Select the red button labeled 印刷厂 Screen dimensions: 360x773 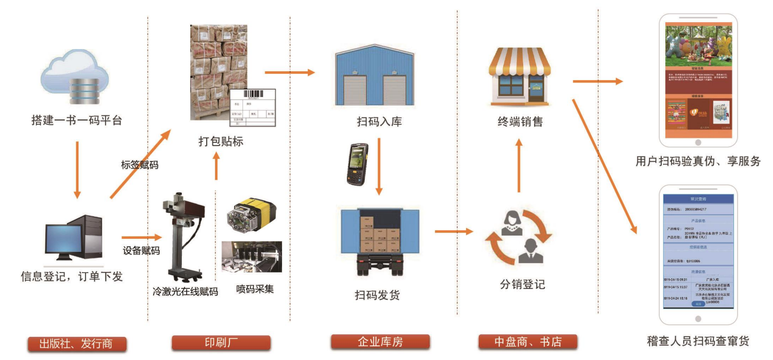(x=221, y=343)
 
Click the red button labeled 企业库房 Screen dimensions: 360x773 (x=380, y=342)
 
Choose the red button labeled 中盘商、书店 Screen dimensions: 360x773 (x=527, y=342)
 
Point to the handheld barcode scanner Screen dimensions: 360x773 (x=357, y=163)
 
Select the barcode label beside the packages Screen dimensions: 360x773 (x=253, y=108)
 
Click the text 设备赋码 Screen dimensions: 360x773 (x=141, y=250)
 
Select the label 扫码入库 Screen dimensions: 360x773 (x=379, y=122)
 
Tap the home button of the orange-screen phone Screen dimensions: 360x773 (x=698, y=142)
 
